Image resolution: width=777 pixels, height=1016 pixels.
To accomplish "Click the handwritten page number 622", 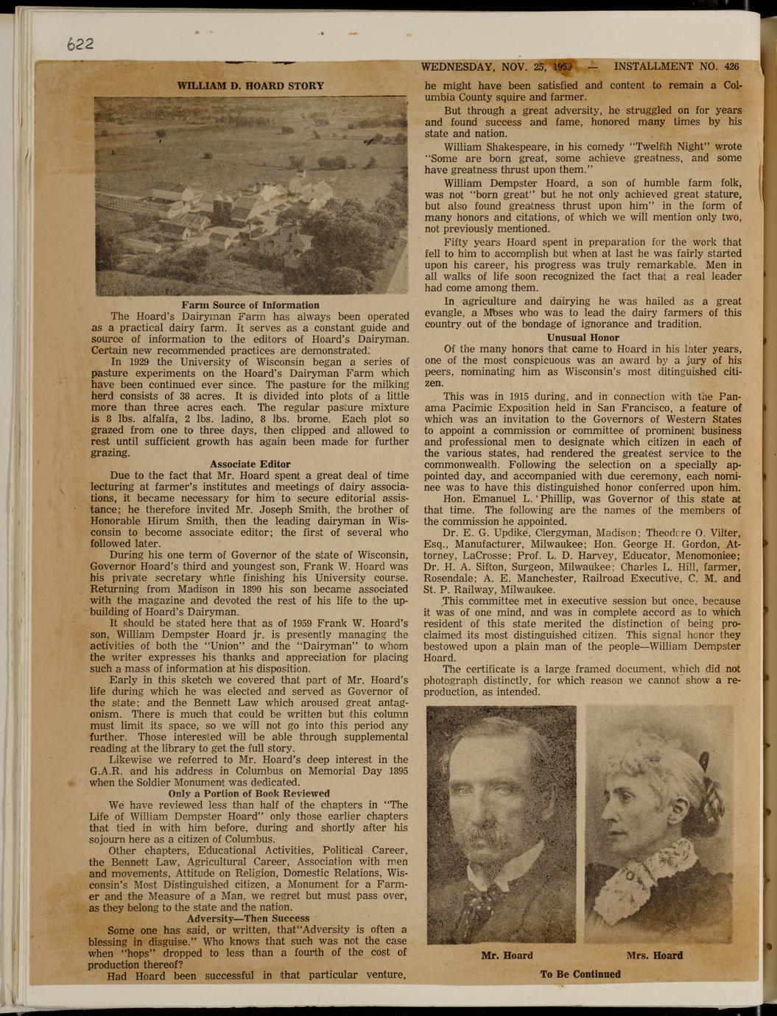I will point(80,43).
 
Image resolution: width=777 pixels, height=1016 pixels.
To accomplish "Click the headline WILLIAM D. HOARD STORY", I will point(250,85).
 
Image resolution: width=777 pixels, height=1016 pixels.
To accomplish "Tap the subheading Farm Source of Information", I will point(250,305).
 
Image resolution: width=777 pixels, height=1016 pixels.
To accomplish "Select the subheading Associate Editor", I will point(250,464).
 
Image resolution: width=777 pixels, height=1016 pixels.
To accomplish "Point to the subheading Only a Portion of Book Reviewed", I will point(249,793).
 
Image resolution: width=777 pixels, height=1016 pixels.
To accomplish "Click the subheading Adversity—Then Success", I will point(248,918).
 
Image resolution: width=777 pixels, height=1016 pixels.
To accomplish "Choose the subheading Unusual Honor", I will point(583,337).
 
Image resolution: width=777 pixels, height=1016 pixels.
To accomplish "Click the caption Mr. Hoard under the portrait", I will point(507,955).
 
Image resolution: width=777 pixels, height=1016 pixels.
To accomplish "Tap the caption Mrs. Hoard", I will point(654,955).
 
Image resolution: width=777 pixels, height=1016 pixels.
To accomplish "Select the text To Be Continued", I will point(580,973).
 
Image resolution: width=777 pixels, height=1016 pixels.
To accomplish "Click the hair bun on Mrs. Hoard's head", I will point(703,766).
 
